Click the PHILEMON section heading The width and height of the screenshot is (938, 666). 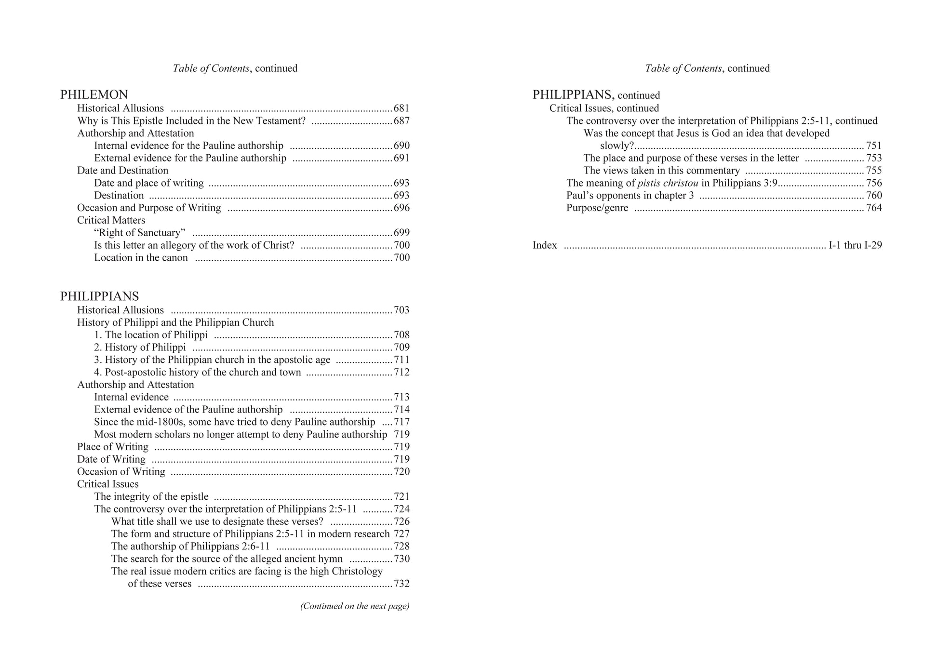tap(94, 95)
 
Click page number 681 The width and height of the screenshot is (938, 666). tap(402, 108)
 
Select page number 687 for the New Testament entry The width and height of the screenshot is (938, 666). tap(402, 121)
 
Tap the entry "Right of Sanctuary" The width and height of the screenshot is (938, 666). tap(140, 233)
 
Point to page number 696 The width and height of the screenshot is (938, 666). tap(402, 208)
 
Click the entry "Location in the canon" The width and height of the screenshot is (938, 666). tap(141, 258)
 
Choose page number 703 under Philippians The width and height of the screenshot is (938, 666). tap(402, 310)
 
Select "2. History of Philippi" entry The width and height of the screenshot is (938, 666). tap(140, 347)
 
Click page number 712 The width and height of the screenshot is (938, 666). tap(402, 373)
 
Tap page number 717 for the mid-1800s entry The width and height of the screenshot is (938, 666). tap(402, 422)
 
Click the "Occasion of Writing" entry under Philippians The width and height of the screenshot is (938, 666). tap(121, 472)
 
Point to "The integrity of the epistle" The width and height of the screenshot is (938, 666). tap(151, 497)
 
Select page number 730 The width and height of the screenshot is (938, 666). tap(402, 559)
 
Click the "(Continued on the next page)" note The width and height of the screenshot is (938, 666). tap(354, 606)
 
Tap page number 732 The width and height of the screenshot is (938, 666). tap(402, 584)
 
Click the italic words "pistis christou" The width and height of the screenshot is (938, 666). tap(668, 183)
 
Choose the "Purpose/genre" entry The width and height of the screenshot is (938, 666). tap(597, 208)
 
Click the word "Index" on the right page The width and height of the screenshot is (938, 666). tap(545, 245)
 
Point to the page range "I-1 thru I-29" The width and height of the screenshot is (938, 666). tap(855, 245)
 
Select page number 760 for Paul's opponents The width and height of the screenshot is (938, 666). tap(874, 196)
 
